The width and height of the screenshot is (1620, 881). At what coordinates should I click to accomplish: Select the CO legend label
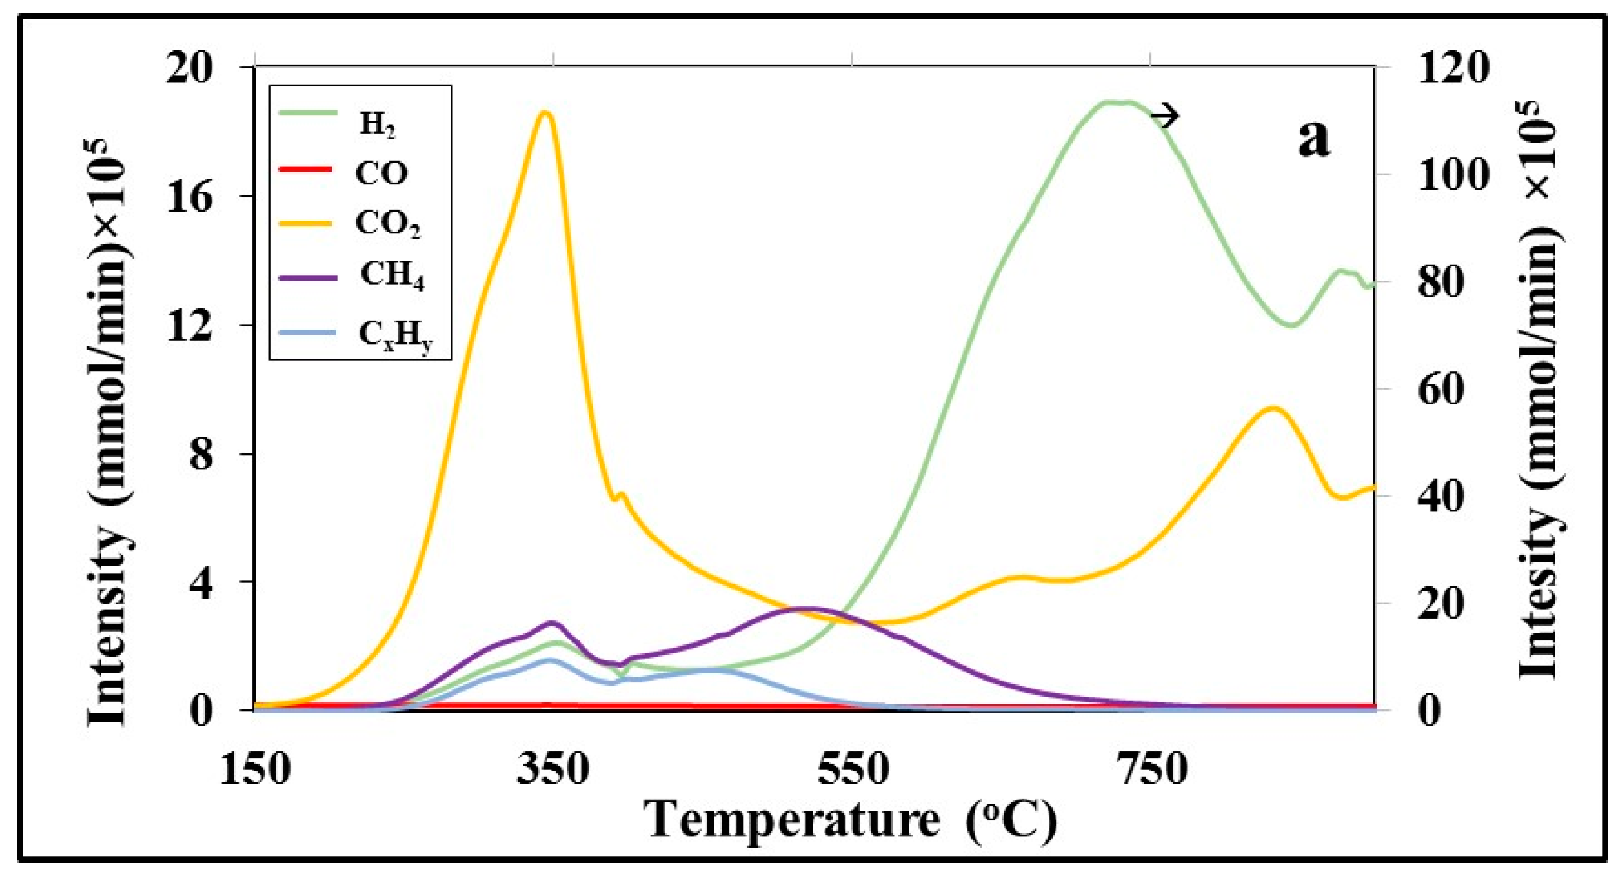coord(381,173)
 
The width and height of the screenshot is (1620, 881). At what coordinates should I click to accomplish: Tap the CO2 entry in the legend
coord(387,224)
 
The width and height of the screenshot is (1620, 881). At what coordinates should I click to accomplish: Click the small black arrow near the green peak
coord(1164,116)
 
